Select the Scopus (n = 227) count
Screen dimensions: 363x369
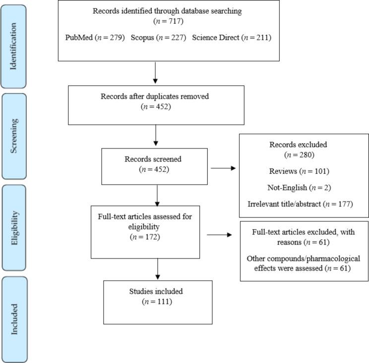click(x=158, y=37)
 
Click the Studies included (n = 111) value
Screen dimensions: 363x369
click(x=157, y=302)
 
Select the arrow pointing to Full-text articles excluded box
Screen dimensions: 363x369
click(x=220, y=235)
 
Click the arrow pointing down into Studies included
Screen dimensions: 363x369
click(x=157, y=269)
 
